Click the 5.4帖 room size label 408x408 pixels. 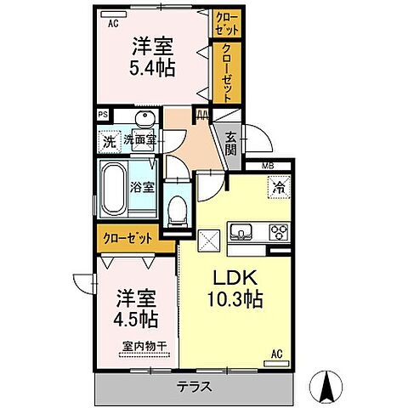(153, 67)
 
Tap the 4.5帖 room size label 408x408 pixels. (136, 321)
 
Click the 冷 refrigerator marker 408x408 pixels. (279, 185)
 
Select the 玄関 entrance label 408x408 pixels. (231, 144)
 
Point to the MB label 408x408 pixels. (267, 165)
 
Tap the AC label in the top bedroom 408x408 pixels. (112, 24)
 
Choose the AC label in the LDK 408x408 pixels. (276, 353)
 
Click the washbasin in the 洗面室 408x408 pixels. (142, 120)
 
